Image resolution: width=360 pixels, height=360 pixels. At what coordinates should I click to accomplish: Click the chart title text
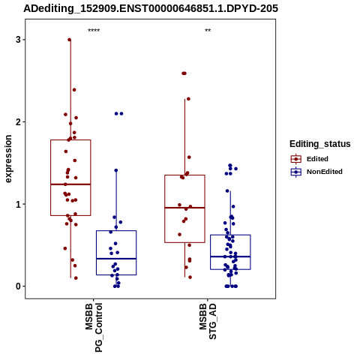coord(151,8)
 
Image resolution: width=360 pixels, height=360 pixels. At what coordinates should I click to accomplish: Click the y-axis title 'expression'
coord(8,159)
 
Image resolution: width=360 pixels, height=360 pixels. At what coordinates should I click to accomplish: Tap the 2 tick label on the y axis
coord(18,122)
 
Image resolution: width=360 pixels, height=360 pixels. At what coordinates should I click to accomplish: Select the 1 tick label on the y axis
coord(18,204)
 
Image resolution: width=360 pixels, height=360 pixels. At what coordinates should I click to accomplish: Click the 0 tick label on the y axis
coord(18,286)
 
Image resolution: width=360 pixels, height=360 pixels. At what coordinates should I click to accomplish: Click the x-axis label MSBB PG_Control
coord(94,328)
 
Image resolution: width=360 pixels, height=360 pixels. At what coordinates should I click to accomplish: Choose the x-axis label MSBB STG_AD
coord(208,321)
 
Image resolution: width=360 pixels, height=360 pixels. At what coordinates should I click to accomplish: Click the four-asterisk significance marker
coord(94,31)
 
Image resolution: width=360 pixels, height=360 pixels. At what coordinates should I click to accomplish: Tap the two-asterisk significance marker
coord(208,31)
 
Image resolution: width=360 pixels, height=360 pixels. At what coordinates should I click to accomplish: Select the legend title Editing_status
coord(320,144)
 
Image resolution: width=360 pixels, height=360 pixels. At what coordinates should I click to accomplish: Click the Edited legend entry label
coord(317,159)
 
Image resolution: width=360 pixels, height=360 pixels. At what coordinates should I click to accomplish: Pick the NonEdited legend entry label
coord(325,172)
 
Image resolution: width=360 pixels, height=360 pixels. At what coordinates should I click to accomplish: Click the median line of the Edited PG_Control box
coord(70,184)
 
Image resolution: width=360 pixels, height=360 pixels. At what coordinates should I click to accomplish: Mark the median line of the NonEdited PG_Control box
coord(116,259)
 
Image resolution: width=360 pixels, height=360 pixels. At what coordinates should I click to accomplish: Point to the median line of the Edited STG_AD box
coord(184,208)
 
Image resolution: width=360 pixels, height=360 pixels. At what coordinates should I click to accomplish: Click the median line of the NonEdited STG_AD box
coord(230,256)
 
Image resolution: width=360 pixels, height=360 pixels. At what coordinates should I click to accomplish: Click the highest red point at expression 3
coord(70,40)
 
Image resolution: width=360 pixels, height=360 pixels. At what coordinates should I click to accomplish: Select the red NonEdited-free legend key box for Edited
coord(296,159)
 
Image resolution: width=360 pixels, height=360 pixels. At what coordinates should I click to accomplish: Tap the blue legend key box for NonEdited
coord(296,172)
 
